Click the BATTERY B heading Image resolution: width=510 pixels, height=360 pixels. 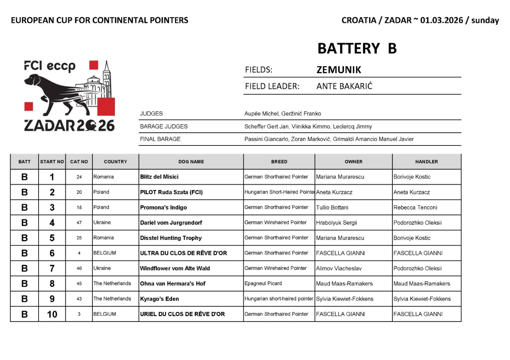(x=357, y=48)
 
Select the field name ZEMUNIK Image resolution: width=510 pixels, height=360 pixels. (x=339, y=70)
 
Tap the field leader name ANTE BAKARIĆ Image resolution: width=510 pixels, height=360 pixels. (x=344, y=86)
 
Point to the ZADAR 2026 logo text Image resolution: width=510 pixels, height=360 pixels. (x=69, y=126)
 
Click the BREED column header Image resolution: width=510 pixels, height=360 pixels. (x=279, y=162)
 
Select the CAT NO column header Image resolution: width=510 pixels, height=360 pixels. (x=79, y=162)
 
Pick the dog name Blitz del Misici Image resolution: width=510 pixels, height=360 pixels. (x=159, y=177)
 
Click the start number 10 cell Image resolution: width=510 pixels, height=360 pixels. (x=52, y=314)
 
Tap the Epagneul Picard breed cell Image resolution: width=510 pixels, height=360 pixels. (x=263, y=284)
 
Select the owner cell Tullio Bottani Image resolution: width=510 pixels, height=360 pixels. (x=332, y=207)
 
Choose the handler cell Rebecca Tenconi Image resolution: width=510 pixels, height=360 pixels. (x=415, y=207)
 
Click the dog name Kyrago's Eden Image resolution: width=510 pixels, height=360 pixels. (x=159, y=299)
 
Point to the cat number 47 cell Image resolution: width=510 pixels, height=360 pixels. (x=79, y=223)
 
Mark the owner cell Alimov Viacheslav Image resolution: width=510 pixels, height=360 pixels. (x=339, y=268)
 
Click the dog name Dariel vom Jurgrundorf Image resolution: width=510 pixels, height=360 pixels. (x=171, y=223)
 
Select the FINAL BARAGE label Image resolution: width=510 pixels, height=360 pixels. (x=160, y=139)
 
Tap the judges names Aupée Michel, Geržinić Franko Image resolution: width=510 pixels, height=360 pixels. (x=283, y=114)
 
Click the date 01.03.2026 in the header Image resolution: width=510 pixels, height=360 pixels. (x=441, y=20)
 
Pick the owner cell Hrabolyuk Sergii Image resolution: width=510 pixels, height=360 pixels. (x=336, y=223)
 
